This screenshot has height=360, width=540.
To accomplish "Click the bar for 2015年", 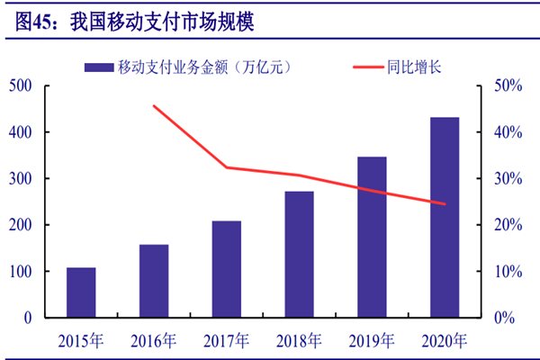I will (81, 292).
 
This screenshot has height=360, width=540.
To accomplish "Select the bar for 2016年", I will (154, 281).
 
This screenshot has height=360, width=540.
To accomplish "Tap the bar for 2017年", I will (227, 269).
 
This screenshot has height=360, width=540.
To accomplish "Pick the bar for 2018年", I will (299, 254).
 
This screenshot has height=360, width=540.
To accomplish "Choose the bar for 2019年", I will (372, 237).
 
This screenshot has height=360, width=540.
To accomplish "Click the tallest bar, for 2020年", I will (445, 217).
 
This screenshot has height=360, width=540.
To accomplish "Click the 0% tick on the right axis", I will (508, 318).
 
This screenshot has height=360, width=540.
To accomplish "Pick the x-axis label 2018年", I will (299, 340).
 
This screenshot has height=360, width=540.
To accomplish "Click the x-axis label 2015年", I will (81, 340).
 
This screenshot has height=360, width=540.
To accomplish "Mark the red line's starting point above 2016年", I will (154, 106).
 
